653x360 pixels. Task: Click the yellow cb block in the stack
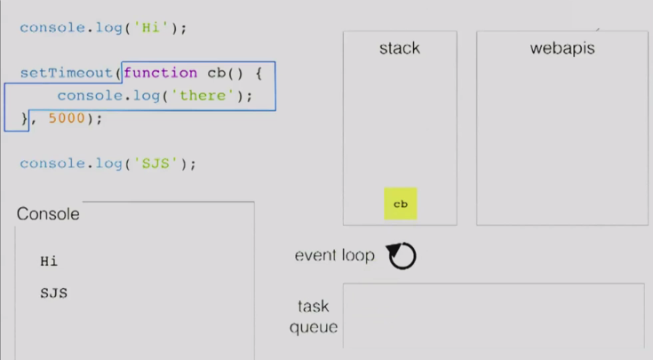pos(400,204)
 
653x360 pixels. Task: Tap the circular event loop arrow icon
pos(402,256)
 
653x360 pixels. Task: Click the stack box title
pos(399,48)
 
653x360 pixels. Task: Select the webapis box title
pos(561,48)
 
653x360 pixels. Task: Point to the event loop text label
pos(334,256)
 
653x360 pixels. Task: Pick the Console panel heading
pos(48,214)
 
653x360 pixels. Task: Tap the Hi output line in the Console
pos(49,261)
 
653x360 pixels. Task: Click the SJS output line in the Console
pos(53,292)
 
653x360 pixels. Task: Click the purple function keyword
pos(161,73)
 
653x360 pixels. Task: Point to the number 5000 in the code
pos(65,118)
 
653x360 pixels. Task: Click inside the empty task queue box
pos(493,316)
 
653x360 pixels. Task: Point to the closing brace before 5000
pos(25,118)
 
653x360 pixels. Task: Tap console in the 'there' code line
pos(86,95)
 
